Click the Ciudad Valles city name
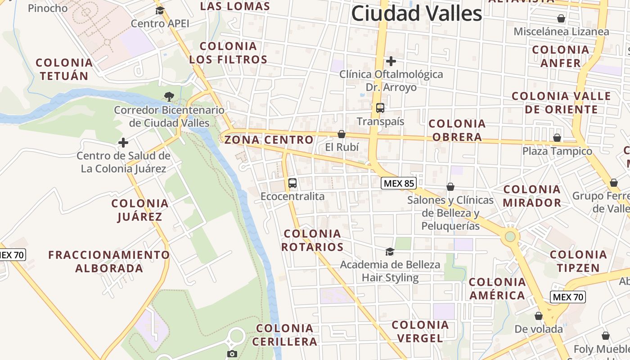pos(416,13)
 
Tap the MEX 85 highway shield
pos(399,183)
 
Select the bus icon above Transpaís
pos(380,108)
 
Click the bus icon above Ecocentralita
pos(292,183)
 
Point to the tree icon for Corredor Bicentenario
pos(169,96)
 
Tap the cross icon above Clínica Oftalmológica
pos(391,61)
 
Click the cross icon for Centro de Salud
pos(123,143)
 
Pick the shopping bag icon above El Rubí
pos(342,134)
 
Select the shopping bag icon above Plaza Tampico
pos(557,138)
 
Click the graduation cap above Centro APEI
pos(160,10)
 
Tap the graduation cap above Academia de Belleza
pos(390,252)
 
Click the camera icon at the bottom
pos(232,354)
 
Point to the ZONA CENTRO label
pos(269,140)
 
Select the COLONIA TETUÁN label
pos(64,69)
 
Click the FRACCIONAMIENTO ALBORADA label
pos(109,261)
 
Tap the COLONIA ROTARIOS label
pos(313,240)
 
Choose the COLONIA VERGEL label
pos(420,331)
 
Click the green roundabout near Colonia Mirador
pos(510,236)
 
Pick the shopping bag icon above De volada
pos(539,316)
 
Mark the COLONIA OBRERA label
pos(457,130)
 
